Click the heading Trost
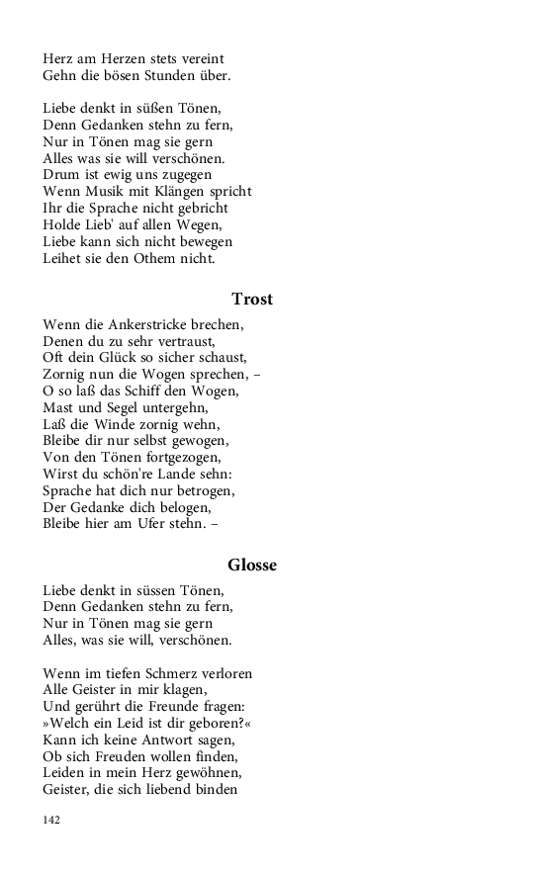[x=252, y=300]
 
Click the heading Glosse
[x=252, y=565]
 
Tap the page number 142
[x=52, y=821]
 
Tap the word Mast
[x=58, y=407]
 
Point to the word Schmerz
[x=169, y=673]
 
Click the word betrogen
[x=202, y=490]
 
